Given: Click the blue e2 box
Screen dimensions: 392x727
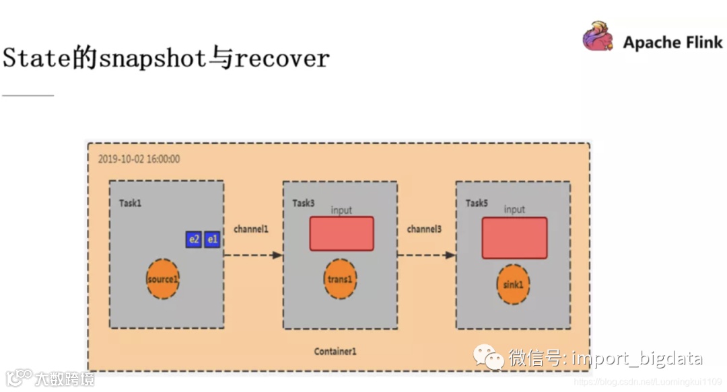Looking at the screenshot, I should click(x=195, y=239).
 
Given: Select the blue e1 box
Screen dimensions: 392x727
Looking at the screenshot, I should click(x=212, y=239).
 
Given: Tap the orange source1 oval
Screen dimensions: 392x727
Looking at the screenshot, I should click(x=163, y=278).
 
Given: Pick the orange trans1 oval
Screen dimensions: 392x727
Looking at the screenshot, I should click(x=340, y=278).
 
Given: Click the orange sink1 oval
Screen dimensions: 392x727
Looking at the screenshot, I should click(x=513, y=284).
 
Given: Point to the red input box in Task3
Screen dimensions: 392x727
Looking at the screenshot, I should click(x=341, y=233).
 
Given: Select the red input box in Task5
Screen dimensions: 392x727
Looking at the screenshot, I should click(x=514, y=237).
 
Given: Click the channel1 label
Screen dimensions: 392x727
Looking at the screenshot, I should click(x=251, y=229).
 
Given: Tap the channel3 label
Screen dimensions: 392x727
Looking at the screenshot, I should click(x=424, y=229).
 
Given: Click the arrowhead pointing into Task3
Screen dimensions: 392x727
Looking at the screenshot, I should click(x=277, y=255).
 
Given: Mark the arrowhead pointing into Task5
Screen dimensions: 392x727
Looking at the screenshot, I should click(x=450, y=255).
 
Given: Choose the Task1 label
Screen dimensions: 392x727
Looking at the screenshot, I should click(x=131, y=203).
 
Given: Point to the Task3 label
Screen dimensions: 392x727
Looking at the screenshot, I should click(x=304, y=203).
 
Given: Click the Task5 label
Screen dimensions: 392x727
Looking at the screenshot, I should click(x=477, y=203).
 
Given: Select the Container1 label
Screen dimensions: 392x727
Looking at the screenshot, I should click(x=335, y=352).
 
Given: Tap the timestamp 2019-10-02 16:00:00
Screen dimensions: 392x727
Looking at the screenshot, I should click(x=139, y=159).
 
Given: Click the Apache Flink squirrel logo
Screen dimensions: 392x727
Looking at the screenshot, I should click(x=598, y=36).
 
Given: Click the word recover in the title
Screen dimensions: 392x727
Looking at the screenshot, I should click(x=281, y=58).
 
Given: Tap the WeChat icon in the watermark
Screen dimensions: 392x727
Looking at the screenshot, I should click(x=488, y=358).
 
